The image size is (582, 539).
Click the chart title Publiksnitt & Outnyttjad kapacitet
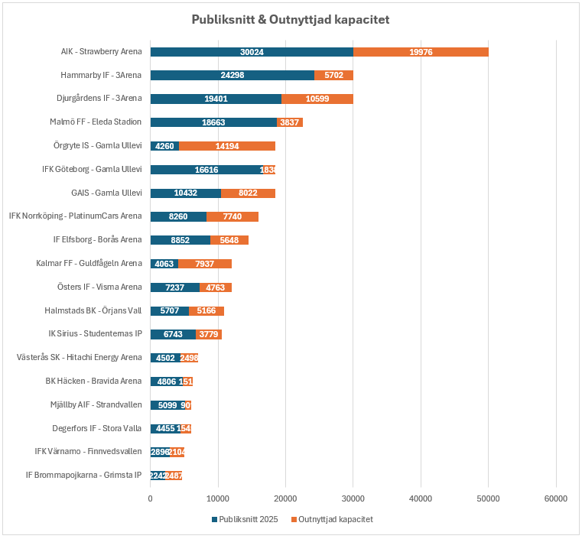tap(291, 19)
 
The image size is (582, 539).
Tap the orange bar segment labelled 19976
tap(421, 52)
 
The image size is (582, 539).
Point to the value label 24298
tap(232, 76)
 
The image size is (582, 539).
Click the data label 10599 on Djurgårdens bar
tap(317, 99)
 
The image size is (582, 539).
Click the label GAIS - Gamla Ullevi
tap(106, 193)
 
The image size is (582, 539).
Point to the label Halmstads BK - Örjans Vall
tap(93, 310)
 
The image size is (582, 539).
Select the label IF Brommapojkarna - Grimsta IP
tap(83, 475)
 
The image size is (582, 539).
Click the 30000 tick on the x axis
tap(353, 499)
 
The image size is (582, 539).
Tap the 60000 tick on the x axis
tap(555, 499)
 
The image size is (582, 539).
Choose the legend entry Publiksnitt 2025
tap(246, 519)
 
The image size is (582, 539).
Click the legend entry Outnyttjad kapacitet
tap(333, 519)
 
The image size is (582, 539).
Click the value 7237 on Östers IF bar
tap(175, 287)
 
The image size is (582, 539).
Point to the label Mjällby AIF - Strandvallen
tap(96, 404)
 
